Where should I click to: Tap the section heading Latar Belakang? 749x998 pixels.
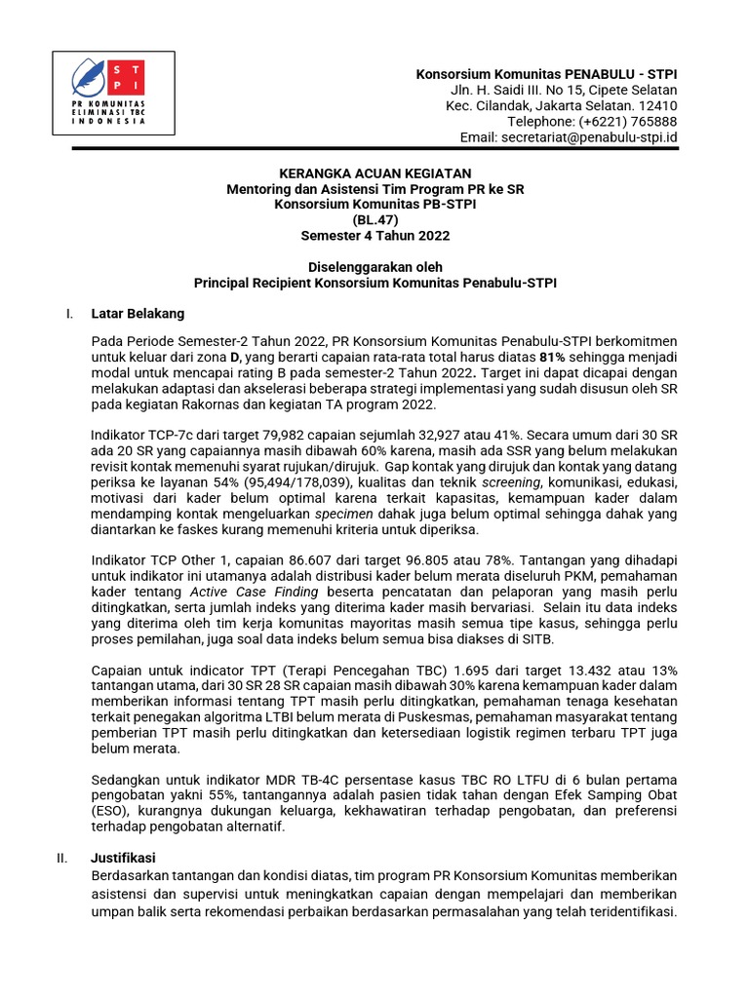pyautogui.click(x=137, y=314)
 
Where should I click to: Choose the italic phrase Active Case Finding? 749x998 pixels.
pyautogui.click(x=254, y=592)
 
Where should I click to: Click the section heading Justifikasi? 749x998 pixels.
pyautogui.click(x=125, y=859)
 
